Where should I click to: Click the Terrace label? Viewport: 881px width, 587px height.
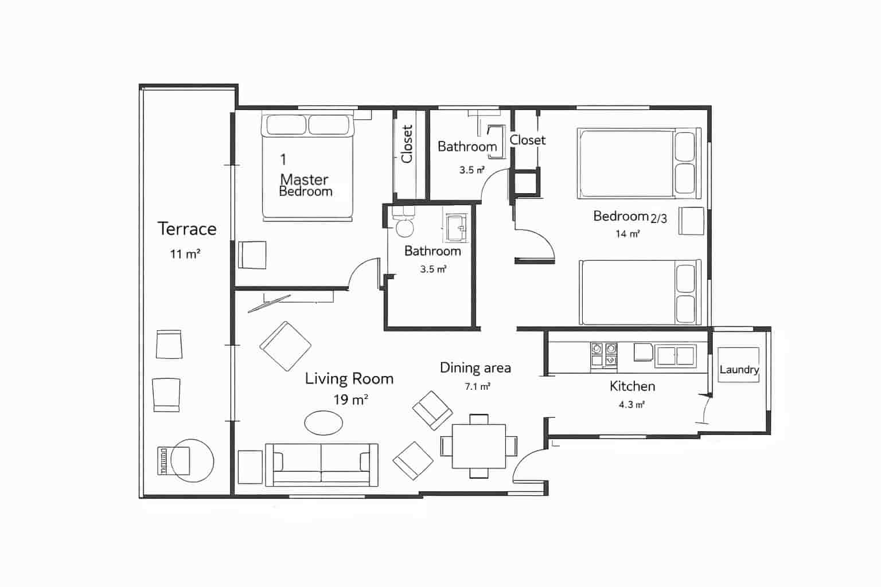(x=187, y=229)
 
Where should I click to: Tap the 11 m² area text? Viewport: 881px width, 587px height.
(x=185, y=254)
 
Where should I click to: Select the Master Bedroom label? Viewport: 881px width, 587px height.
(x=305, y=185)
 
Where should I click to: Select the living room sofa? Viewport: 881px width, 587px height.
(x=321, y=464)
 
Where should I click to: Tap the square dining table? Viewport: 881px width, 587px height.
(x=478, y=447)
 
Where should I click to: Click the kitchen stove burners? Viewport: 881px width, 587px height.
(x=604, y=354)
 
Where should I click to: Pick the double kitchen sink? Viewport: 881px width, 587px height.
(x=676, y=354)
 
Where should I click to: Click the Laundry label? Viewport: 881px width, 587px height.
(x=739, y=370)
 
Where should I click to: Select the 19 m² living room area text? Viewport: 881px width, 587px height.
(x=350, y=400)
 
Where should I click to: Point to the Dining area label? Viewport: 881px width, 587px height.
(x=475, y=368)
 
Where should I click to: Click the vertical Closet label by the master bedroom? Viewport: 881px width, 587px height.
(x=407, y=144)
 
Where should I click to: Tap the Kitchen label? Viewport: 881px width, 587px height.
(x=632, y=386)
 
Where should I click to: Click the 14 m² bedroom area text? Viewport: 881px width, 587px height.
(x=627, y=234)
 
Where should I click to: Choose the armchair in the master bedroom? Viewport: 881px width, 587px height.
(x=252, y=255)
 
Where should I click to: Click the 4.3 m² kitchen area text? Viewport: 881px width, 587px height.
(x=631, y=405)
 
